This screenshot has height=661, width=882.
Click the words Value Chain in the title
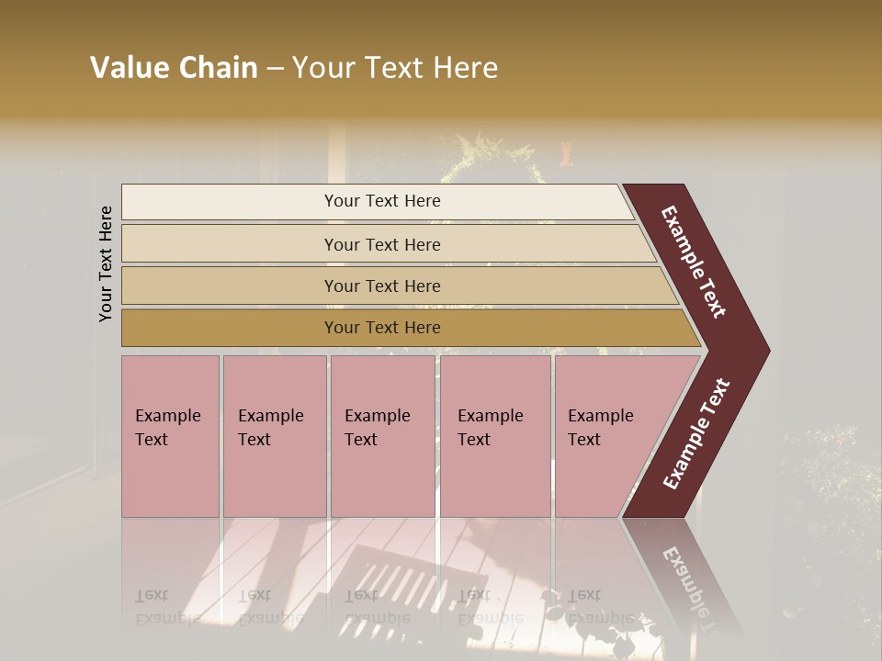[x=174, y=68]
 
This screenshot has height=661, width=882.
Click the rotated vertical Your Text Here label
[x=106, y=263]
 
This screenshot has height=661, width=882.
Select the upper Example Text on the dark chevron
[x=694, y=262]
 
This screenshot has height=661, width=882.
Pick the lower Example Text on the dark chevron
[x=695, y=433]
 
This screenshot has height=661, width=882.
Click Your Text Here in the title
[x=395, y=68]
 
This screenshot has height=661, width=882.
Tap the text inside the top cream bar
[x=382, y=201]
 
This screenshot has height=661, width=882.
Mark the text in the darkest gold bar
[x=382, y=328]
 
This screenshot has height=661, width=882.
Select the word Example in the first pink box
[x=167, y=416]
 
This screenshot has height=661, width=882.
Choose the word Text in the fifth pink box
[x=584, y=440]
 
